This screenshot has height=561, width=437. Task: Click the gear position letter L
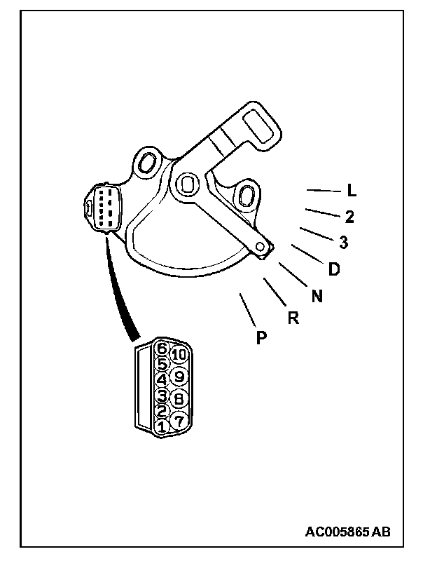(x=352, y=191)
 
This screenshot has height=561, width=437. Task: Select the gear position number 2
(x=349, y=217)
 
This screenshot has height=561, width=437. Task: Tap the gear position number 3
(x=343, y=243)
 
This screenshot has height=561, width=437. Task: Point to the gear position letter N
(x=317, y=296)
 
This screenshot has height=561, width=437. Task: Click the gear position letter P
(x=261, y=338)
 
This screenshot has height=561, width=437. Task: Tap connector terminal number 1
(x=162, y=426)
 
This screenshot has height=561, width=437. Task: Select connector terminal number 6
(x=162, y=347)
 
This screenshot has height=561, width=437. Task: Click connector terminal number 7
(x=178, y=421)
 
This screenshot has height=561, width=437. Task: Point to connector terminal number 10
(x=179, y=355)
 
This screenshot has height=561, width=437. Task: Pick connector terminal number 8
(x=178, y=398)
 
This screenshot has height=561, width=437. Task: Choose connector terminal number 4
(x=162, y=379)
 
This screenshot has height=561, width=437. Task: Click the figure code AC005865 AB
(x=347, y=532)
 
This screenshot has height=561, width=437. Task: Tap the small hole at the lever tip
(x=261, y=247)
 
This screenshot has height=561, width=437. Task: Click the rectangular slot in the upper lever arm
(x=263, y=128)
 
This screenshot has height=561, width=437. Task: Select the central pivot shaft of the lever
(x=186, y=184)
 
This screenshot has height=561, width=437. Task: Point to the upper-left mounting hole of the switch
(x=148, y=163)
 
